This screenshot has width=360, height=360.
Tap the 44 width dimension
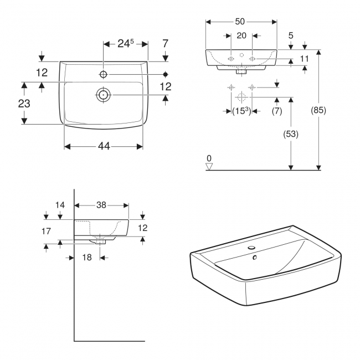pyautogui.click(x=104, y=146)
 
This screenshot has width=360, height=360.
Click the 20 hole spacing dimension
pyautogui.click(x=241, y=35)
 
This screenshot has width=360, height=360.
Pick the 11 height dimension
pyautogui.click(x=304, y=58)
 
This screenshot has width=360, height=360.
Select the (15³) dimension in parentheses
pyautogui.click(x=241, y=111)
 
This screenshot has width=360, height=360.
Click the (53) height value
pyautogui.click(x=290, y=133)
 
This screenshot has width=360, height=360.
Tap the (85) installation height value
pyautogui.click(x=318, y=110)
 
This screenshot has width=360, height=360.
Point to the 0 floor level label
pyautogui.click(x=209, y=158)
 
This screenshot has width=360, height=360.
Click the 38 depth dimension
pyautogui.click(x=101, y=205)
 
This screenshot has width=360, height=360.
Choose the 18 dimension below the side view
pyautogui.click(x=86, y=258)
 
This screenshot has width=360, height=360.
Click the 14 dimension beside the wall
pyautogui.click(x=60, y=205)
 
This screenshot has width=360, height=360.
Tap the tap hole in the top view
pyautogui.click(x=104, y=74)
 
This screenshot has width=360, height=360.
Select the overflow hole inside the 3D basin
pyautogui.click(x=255, y=257)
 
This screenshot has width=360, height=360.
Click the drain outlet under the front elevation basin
pyautogui.click(x=240, y=71)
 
